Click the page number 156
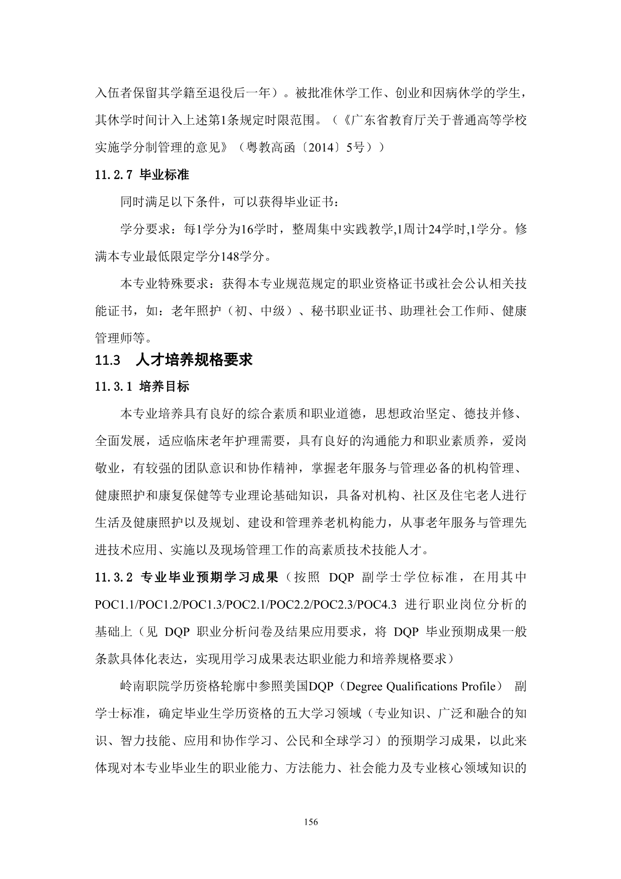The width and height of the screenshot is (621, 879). pos(311,822)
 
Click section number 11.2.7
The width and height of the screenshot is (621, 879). pos(113,175)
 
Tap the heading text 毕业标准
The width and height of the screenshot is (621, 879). pos(164,175)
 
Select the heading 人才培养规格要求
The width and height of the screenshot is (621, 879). pos(194,360)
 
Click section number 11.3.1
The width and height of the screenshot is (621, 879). pos(113,387)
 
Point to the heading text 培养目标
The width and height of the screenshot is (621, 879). pos(164,387)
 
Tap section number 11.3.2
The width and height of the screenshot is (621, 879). pos(113,577)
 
